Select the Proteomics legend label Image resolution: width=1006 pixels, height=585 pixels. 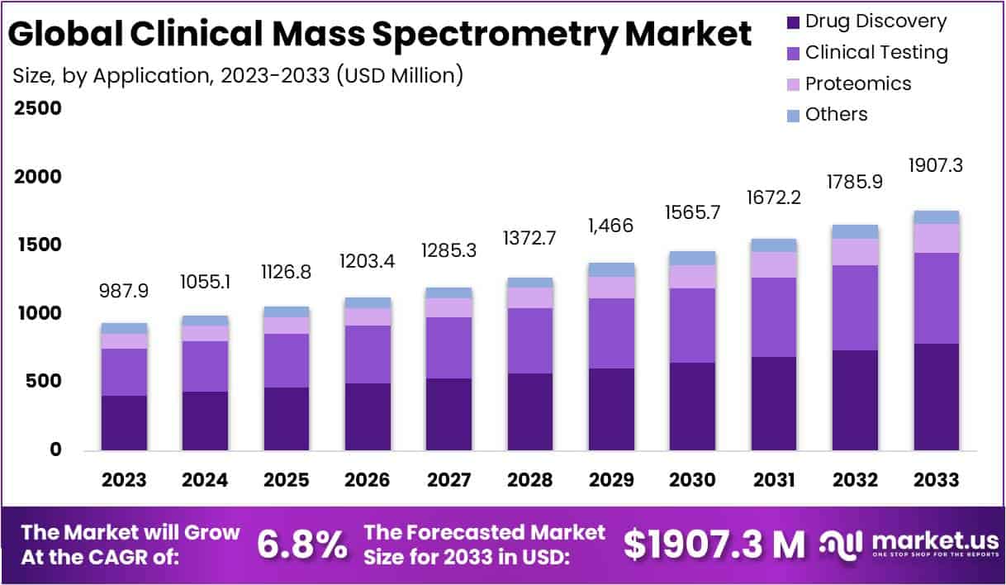click(858, 83)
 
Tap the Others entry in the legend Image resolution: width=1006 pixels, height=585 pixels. click(837, 114)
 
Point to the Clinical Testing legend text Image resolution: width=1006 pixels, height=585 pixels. click(876, 53)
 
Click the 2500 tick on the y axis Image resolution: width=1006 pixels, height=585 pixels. click(37, 109)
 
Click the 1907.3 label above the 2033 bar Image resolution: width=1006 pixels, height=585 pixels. click(937, 165)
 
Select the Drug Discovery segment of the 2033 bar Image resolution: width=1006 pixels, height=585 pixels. click(937, 397)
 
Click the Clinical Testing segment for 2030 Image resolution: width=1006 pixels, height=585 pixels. click(692, 325)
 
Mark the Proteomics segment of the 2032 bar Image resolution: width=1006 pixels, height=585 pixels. click(855, 251)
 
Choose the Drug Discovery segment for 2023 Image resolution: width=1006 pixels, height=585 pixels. click(124, 422)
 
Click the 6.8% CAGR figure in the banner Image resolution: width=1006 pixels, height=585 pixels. click(302, 545)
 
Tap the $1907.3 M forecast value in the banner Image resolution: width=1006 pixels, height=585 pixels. click(714, 545)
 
